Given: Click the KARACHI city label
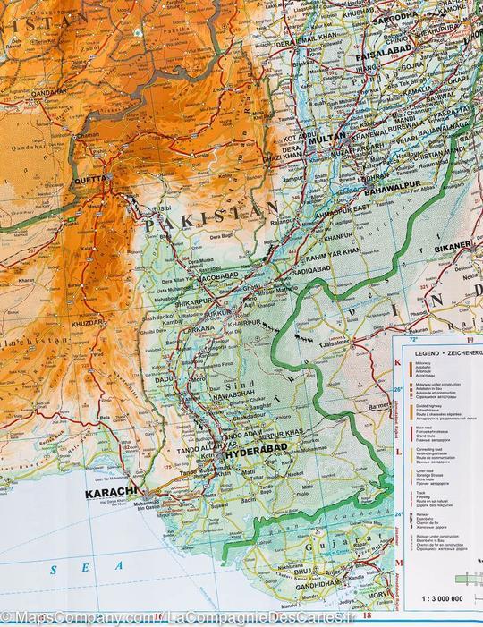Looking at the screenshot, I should pyautogui.click(x=108, y=492).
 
